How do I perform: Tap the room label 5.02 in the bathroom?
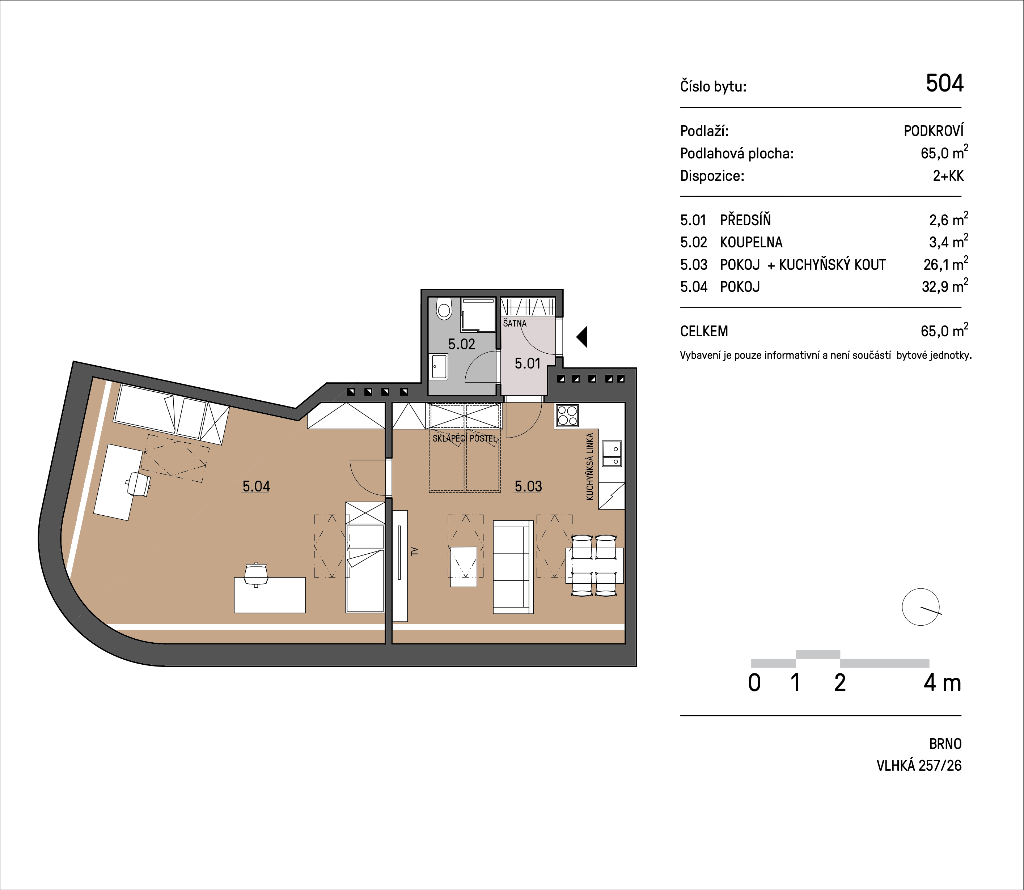[x=462, y=344]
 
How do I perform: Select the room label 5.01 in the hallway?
[x=527, y=363]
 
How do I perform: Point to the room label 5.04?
[x=257, y=486]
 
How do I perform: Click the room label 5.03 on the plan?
[x=528, y=486]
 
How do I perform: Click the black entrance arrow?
[x=582, y=337]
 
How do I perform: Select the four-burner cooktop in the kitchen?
[x=567, y=416]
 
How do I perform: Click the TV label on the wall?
[x=414, y=551]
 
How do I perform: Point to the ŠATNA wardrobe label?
[x=515, y=323]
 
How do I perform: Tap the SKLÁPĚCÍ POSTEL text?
[x=465, y=439]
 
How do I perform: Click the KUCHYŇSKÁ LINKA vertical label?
[x=590, y=467]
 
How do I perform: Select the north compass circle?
[x=921, y=607]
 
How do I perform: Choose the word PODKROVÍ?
[x=934, y=131]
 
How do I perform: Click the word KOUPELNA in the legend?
[x=751, y=242]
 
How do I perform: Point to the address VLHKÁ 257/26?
[x=919, y=765]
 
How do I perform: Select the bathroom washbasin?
[x=439, y=367]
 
